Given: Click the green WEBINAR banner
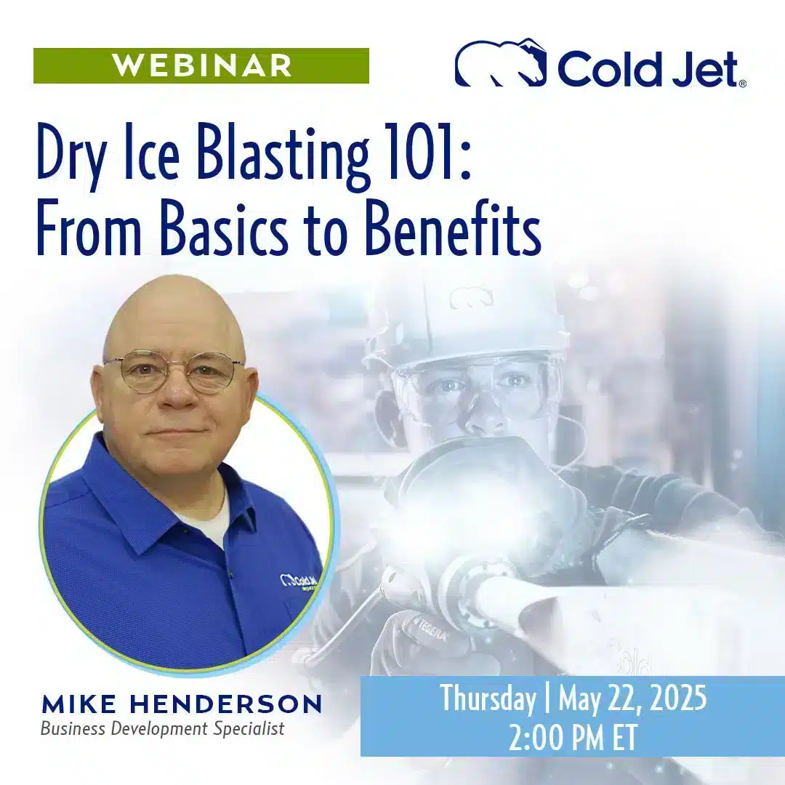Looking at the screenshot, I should coord(201,66).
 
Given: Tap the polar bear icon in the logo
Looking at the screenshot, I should coord(501,63).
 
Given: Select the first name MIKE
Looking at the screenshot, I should coord(73,704).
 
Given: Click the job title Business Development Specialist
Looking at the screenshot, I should coord(162,728).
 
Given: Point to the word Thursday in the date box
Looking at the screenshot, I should coord(488,699).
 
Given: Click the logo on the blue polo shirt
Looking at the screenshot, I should coord(299,582).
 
